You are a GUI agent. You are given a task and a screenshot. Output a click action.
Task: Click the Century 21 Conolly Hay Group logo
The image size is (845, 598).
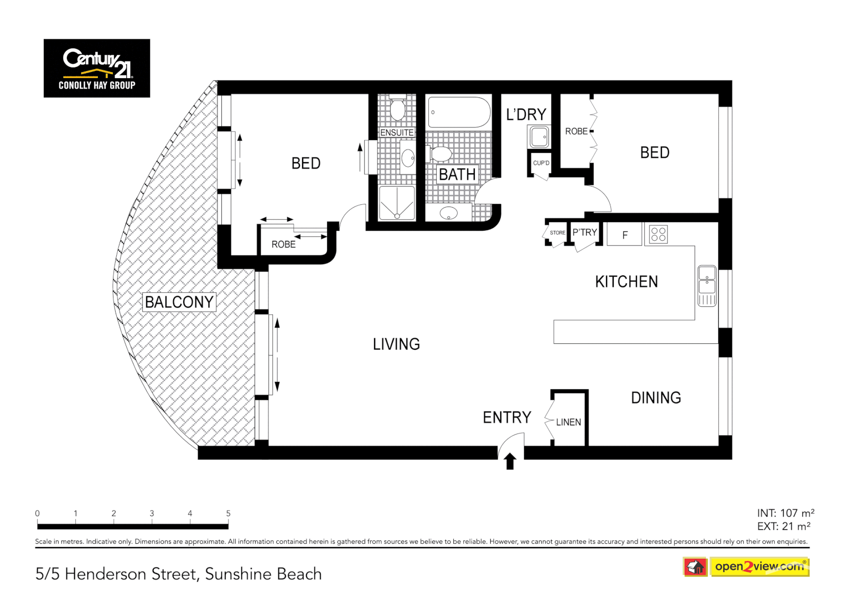pos(97,68)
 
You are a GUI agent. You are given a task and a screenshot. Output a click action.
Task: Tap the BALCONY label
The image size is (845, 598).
pos(179,302)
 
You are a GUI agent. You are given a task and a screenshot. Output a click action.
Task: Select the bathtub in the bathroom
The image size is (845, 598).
pos(459,112)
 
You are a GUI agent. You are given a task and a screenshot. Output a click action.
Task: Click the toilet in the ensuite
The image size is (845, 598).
pos(397,110)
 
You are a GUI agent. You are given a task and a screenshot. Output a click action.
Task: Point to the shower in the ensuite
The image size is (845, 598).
pos(397,203)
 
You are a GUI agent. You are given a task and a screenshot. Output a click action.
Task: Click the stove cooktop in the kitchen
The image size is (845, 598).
pos(658,234)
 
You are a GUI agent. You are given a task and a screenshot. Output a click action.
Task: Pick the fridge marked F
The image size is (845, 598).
pos(624,235)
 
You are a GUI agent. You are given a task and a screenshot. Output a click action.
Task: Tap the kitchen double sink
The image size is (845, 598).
pos(707,285)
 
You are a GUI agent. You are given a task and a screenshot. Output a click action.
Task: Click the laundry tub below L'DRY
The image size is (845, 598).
pos(538,137)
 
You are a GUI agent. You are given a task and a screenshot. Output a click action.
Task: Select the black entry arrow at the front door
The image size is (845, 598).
pos(510,461)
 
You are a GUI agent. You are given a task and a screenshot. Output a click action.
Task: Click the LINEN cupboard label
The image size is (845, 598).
pos(568,422)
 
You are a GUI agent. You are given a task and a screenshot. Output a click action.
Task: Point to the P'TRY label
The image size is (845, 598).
pos(584,233)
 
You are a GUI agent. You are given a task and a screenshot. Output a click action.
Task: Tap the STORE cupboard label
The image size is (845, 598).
pos(557,233)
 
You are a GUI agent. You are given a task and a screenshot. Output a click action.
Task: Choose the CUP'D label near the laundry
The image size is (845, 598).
pos(541,163)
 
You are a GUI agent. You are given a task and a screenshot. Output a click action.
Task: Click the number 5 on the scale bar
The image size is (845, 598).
pos(228,513)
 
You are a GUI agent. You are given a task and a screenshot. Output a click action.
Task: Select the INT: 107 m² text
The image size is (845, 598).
pos(785,513)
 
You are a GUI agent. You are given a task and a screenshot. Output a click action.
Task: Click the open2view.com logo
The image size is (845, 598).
pos(759,566)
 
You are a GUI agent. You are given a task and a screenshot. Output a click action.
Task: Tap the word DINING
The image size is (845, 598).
pos(656,398)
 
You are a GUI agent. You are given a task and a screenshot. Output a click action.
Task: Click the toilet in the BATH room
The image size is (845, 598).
pos(441,153)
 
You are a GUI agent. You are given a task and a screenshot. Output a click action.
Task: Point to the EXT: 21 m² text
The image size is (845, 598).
pos(784,527)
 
